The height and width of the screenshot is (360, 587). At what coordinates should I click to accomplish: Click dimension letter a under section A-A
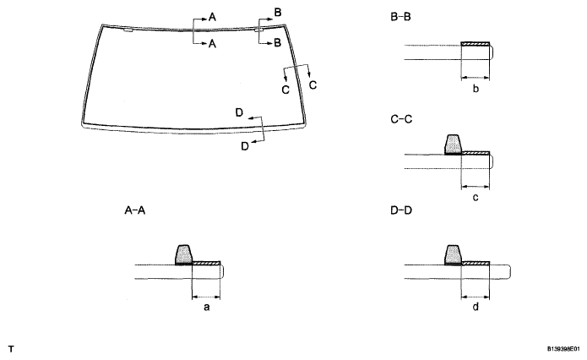tap(206, 308)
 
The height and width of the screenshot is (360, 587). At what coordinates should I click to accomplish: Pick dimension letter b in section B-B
tap(476, 88)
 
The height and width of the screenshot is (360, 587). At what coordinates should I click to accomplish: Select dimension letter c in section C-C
tap(476, 198)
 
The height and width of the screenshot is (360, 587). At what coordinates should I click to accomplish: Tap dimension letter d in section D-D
tap(476, 308)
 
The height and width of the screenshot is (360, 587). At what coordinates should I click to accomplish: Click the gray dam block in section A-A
tap(184, 254)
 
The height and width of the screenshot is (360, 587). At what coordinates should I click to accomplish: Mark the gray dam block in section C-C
tap(453, 145)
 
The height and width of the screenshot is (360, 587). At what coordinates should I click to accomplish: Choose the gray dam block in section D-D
tap(453, 254)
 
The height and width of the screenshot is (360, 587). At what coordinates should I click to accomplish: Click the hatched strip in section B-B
tap(476, 44)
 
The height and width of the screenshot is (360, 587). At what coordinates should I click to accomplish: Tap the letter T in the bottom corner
tap(11, 347)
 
